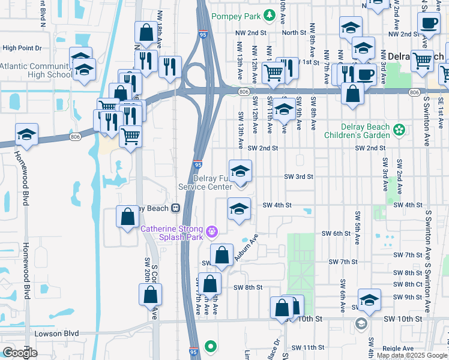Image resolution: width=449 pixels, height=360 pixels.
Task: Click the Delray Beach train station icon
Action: tap(176, 208)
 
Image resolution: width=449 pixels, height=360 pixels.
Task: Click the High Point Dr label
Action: tap(22, 47)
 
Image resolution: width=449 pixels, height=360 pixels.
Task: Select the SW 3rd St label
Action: tap(299, 176)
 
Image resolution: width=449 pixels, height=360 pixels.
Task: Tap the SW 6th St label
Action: tap(336, 233)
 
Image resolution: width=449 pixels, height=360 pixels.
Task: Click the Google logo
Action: tap(20, 353)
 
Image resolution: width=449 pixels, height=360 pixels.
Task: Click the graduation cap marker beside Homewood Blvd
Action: tap(26, 135)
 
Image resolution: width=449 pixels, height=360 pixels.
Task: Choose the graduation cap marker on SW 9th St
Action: tap(369, 301)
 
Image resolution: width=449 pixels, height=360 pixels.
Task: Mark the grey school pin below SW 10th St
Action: tap(361, 325)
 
